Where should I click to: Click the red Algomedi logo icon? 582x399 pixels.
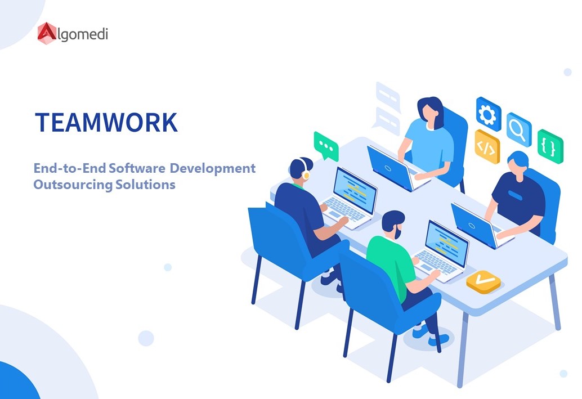(x=47, y=33)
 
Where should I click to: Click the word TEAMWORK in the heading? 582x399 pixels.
(x=106, y=122)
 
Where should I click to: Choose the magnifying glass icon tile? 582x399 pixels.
(x=518, y=129)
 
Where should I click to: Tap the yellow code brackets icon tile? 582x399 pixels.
(x=487, y=146)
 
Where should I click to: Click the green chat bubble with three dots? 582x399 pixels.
(x=326, y=146)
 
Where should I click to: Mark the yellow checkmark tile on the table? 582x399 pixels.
(x=483, y=280)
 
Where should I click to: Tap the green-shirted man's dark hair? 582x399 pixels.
(x=392, y=219)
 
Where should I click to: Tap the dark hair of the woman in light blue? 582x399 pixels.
(x=429, y=107)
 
